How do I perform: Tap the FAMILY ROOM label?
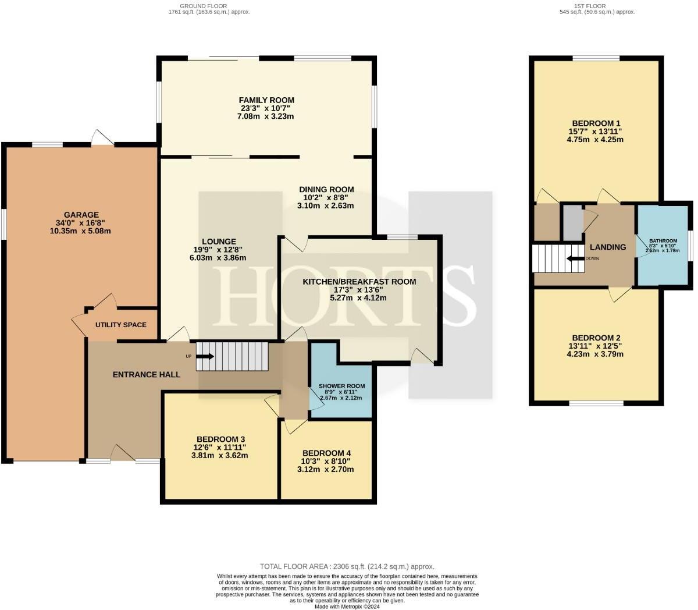[266, 100]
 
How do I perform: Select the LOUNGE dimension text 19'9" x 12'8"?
[219, 250]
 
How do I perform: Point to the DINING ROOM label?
[326, 189]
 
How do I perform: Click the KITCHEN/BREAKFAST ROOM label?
[359, 281]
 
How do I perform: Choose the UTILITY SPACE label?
[121, 325]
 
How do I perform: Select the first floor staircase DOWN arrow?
[576, 258]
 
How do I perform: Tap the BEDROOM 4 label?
[326, 453]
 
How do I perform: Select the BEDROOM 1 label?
[596, 123]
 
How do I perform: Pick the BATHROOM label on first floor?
[663, 241]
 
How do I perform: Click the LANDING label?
[608, 247]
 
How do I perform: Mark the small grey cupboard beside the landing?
[572, 221]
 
